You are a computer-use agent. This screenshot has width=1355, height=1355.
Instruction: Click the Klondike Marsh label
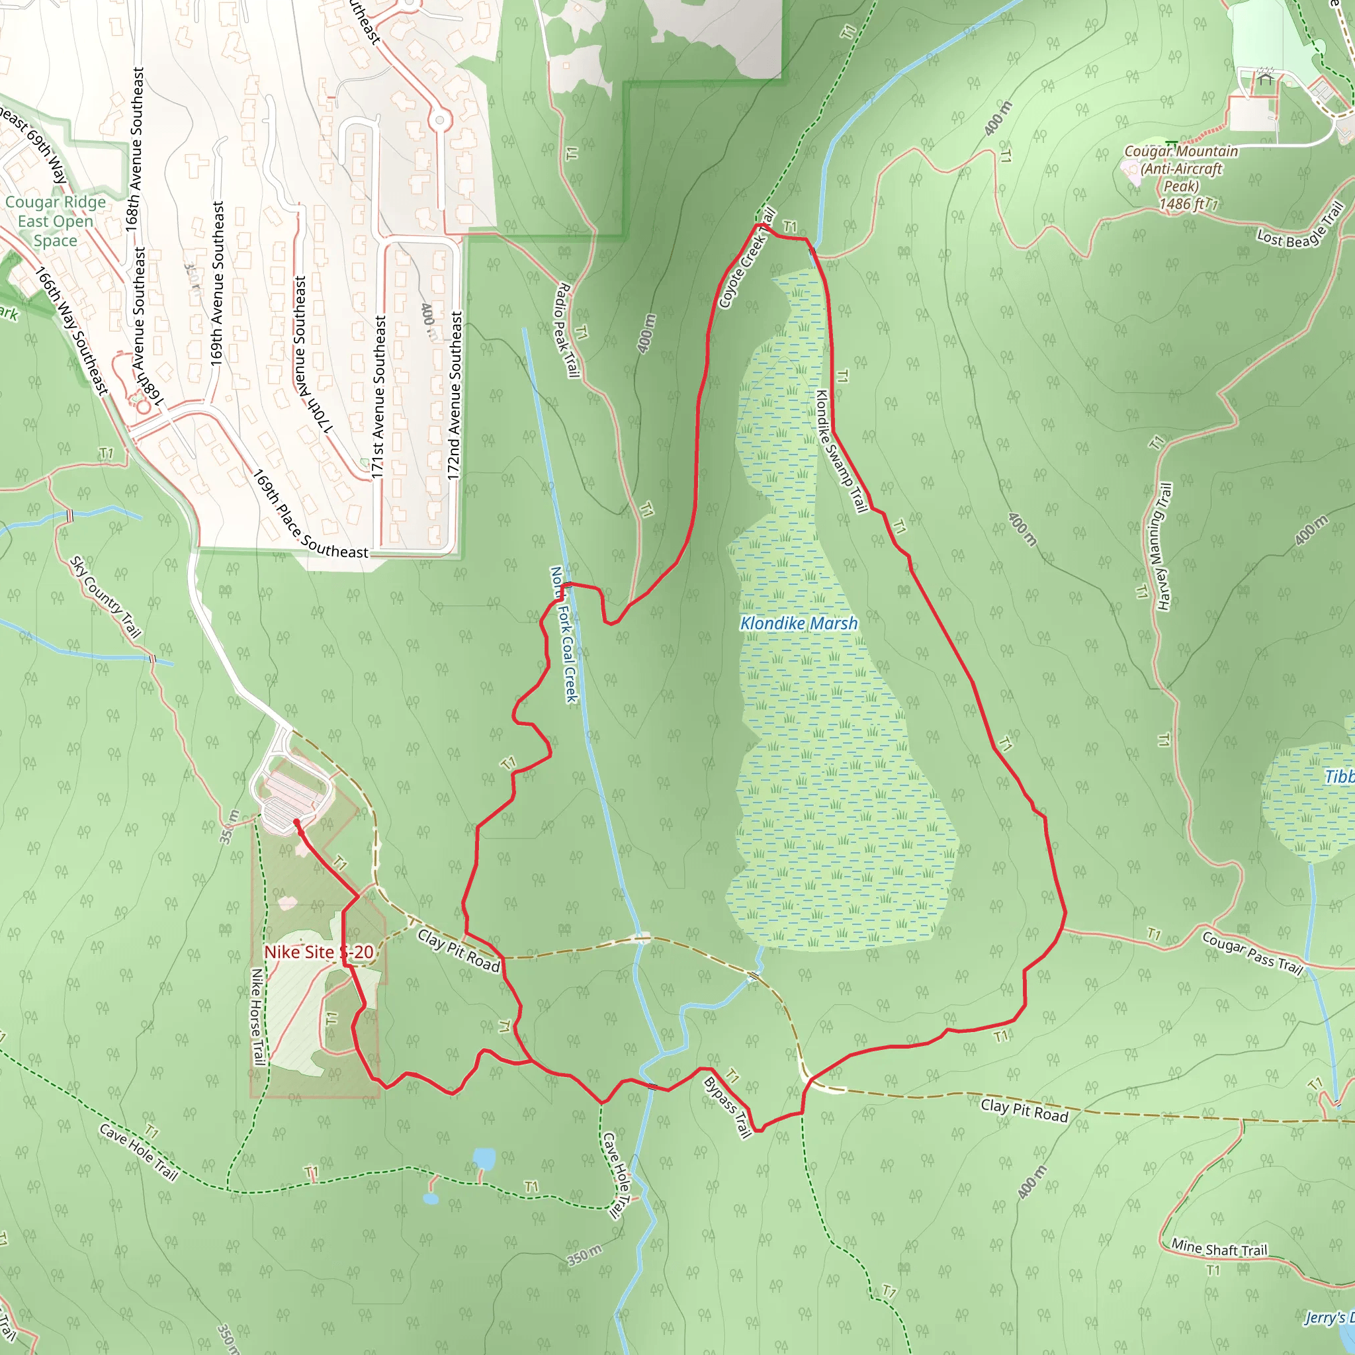pos(799,623)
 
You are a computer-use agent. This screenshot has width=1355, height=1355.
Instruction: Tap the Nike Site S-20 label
pos(318,951)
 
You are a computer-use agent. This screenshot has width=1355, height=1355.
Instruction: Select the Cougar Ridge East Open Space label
pos(56,221)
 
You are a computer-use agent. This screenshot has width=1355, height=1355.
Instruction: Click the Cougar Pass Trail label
pos(1252,953)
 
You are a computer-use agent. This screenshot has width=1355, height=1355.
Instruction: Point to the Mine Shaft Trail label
pos(1219,1248)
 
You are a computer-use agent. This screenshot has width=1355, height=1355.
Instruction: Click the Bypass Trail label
pos(728,1107)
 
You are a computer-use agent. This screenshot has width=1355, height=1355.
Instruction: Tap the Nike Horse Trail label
pos(257,1018)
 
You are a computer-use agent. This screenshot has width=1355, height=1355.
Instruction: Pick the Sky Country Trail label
pos(106,597)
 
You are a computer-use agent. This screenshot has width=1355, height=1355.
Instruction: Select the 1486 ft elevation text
pos(1180,204)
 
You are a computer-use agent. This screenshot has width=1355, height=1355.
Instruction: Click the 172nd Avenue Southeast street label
pos(455,396)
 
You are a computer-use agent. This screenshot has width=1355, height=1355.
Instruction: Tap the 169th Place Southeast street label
pos(310,515)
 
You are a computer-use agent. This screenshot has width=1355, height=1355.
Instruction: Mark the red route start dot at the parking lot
pos(296,822)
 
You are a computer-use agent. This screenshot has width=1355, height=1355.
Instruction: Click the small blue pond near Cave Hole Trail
pos(484,1158)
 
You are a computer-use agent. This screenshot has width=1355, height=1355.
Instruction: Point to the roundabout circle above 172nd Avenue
pos(440,120)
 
